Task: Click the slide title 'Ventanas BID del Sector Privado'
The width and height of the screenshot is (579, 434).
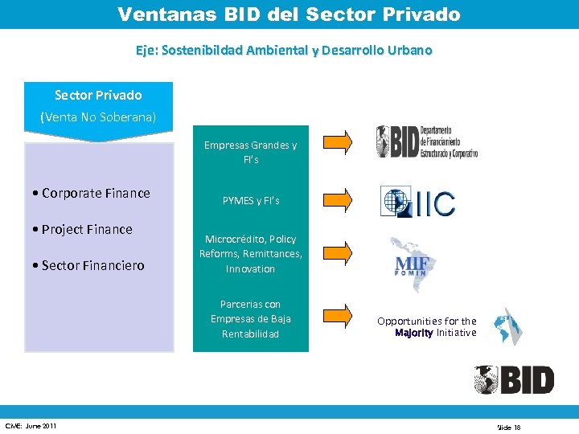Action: pos(289,14)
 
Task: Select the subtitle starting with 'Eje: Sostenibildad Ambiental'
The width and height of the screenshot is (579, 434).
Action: pos(284,51)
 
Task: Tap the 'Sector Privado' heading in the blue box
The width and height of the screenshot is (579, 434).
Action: pos(98,96)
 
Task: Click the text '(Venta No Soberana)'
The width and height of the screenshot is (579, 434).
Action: pos(98,118)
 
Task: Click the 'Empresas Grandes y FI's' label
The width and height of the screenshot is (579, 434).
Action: pos(250,153)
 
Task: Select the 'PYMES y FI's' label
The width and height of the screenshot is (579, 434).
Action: pos(251,200)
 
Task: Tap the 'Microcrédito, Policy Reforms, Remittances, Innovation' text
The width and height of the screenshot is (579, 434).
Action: pos(250,254)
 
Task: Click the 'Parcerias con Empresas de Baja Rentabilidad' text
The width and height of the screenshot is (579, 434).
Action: pos(250,319)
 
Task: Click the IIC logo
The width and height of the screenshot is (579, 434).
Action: pos(417,201)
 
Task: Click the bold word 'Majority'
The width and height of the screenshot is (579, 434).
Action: pos(414,333)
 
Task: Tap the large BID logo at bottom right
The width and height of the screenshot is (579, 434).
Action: pos(514,379)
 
